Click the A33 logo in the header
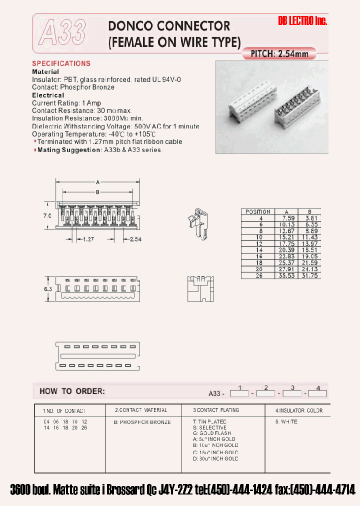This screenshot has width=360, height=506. (x=62, y=32)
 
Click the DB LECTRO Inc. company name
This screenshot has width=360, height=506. (x=302, y=21)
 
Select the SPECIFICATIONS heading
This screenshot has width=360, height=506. (x=61, y=63)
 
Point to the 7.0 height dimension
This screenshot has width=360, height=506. (x=46, y=216)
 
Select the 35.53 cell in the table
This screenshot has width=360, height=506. (x=287, y=275)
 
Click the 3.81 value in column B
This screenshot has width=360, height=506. (x=310, y=218)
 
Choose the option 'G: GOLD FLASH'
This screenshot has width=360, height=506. (x=212, y=433)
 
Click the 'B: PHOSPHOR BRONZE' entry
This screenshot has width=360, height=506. (x=142, y=422)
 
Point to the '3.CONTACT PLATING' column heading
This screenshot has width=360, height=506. (x=215, y=410)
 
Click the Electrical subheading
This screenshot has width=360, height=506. (x=48, y=95)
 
